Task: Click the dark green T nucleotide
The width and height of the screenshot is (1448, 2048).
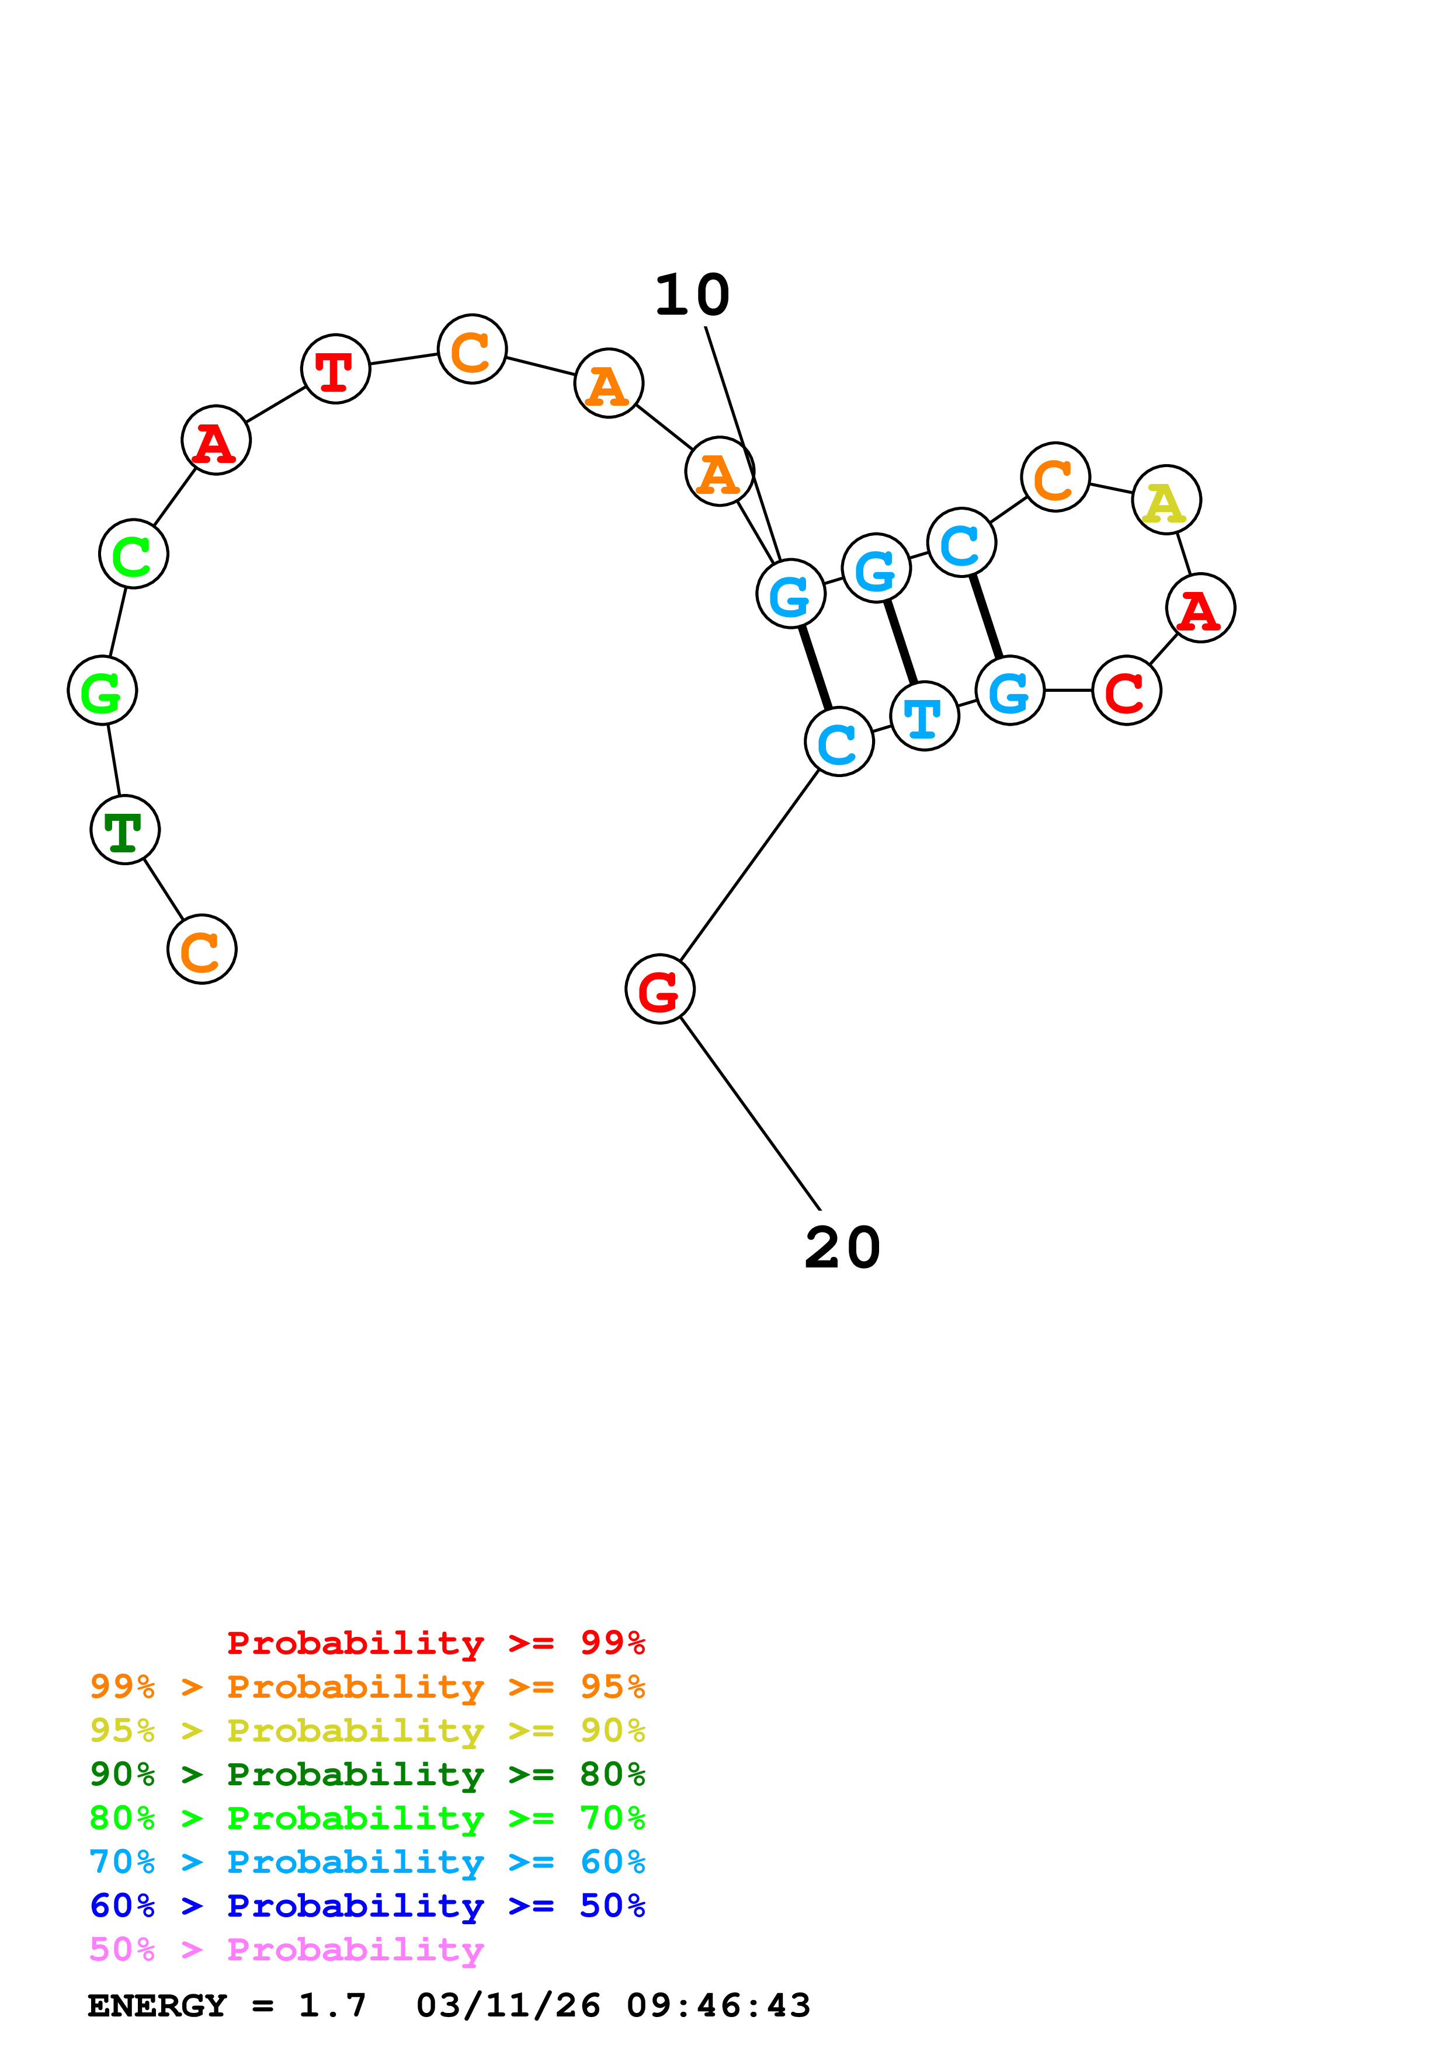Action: [125, 830]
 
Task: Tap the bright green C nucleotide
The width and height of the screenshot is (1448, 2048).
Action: [134, 554]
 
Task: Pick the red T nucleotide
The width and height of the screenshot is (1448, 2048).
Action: [335, 370]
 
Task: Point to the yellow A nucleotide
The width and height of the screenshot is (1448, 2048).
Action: [1166, 500]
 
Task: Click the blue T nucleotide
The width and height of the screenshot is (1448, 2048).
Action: [924, 716]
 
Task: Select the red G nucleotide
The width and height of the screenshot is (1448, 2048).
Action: [660, 989]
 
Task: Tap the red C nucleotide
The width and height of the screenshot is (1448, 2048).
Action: [1127, 691]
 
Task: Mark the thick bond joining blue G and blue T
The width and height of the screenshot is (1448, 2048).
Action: [901, 642]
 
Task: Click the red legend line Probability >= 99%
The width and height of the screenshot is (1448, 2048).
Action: [435, 1643]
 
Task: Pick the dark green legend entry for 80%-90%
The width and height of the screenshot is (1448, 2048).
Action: [367, 1774]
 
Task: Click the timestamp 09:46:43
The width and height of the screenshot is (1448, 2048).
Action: [718, 2006]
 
